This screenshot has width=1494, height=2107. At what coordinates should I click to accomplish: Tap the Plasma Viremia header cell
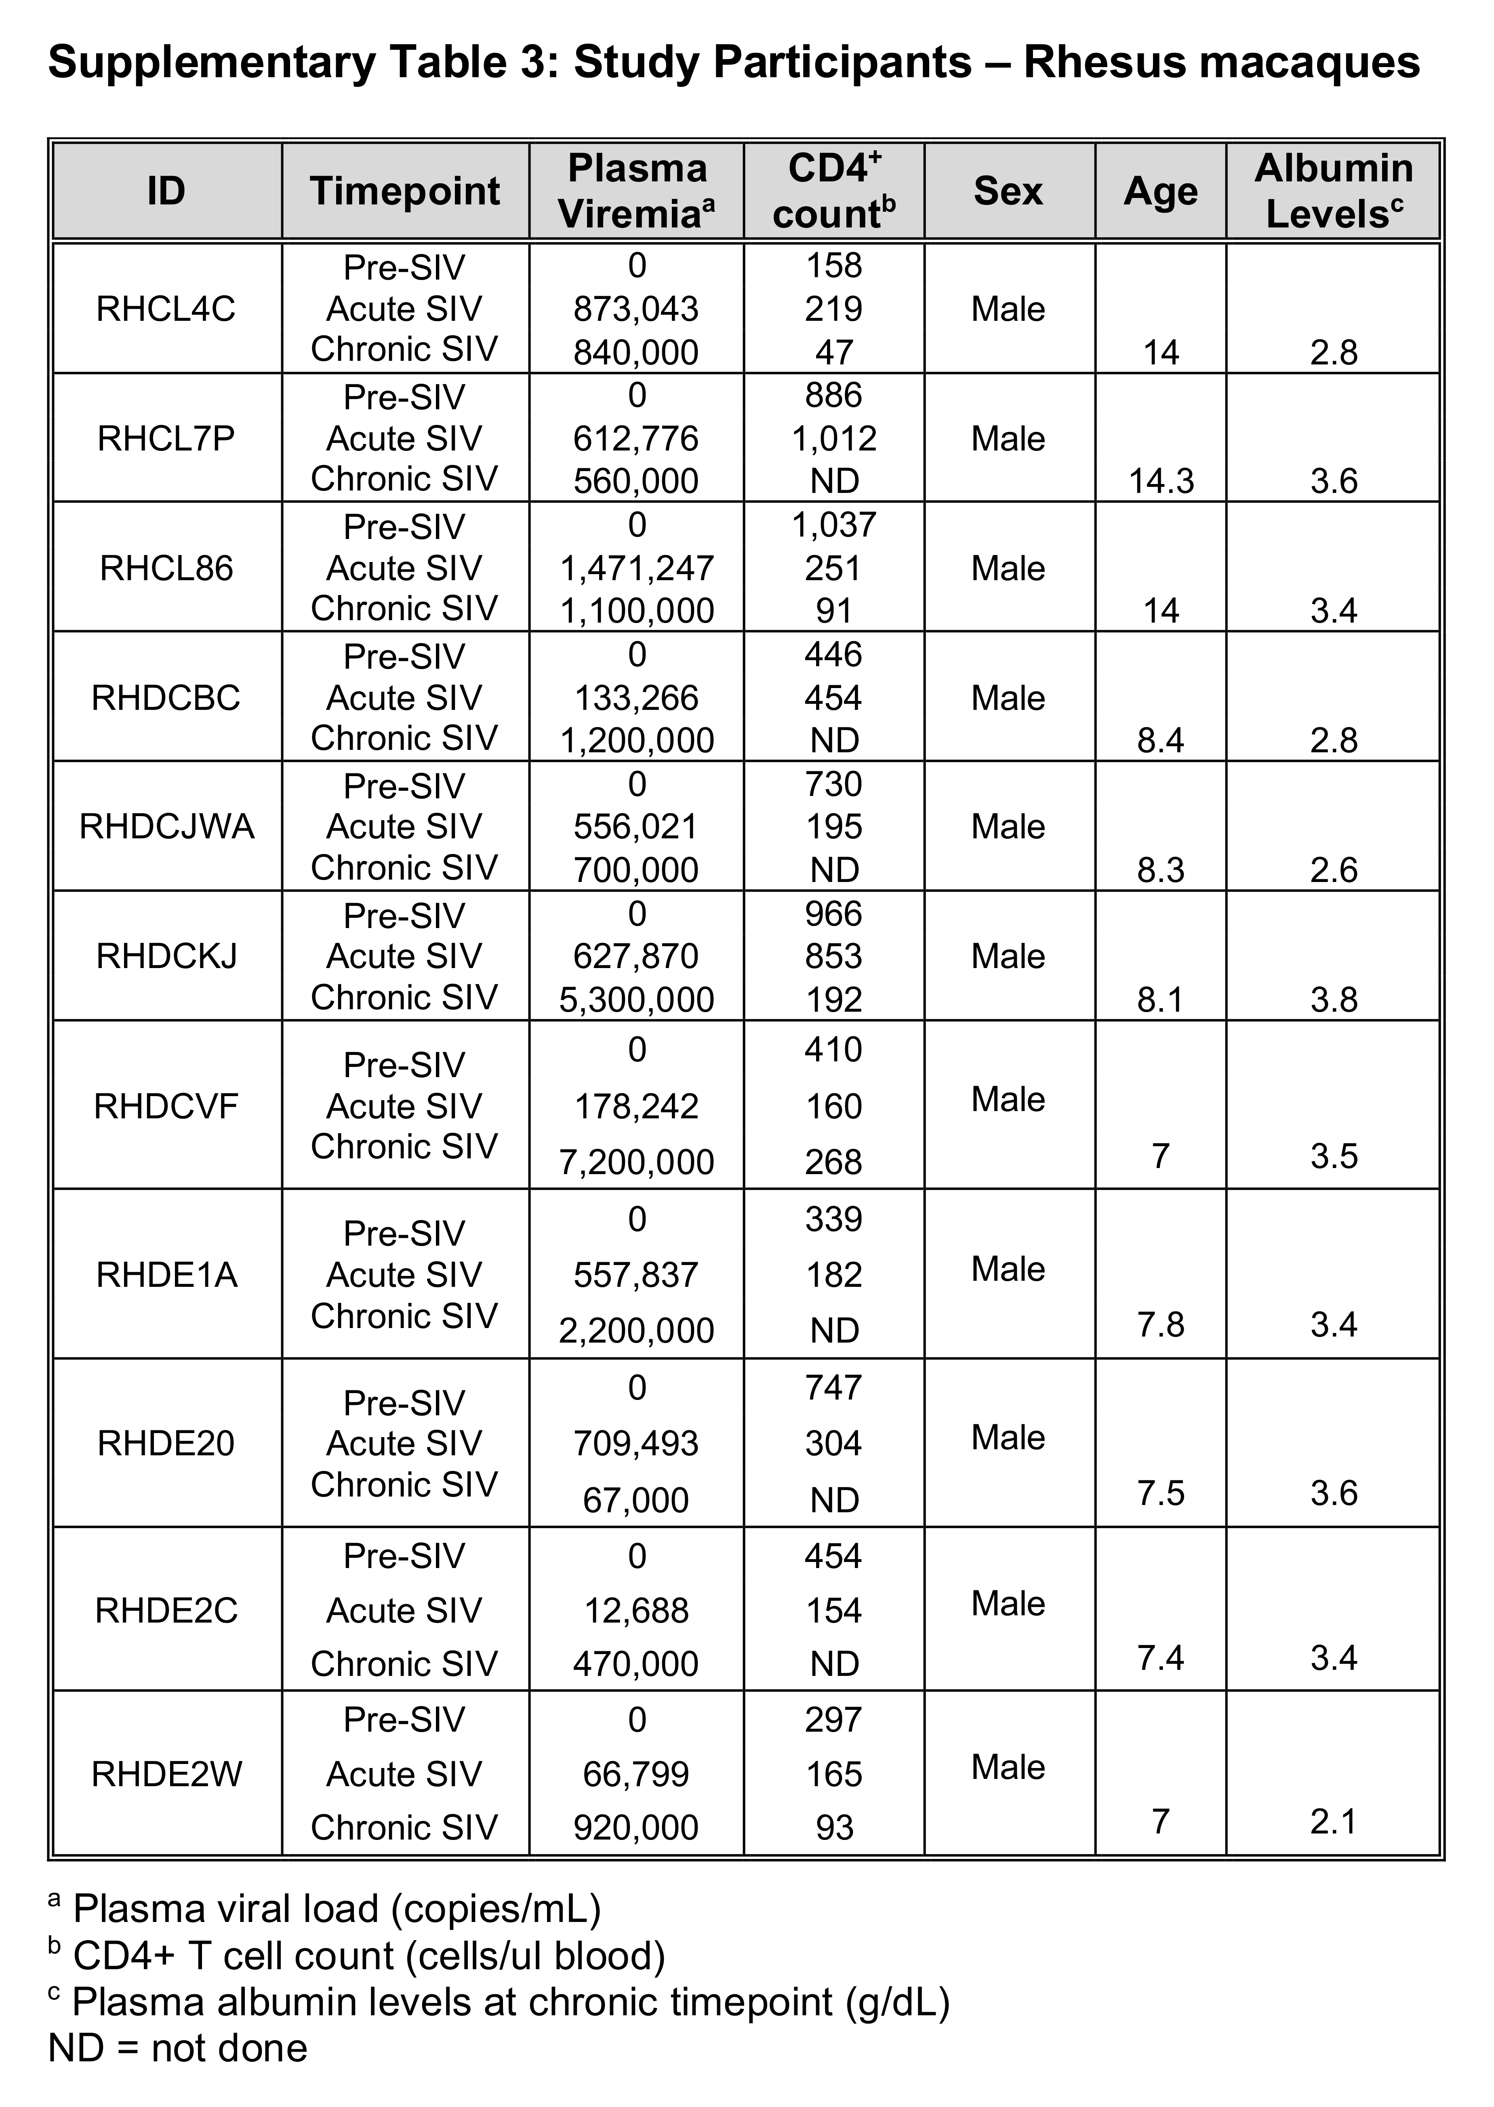tap(637, 192)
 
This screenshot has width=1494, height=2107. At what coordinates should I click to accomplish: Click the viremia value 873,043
tap(637, 309)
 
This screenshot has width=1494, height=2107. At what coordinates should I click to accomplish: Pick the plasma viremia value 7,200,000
tap(637, 1162)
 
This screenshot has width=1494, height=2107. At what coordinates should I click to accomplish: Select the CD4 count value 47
tap(833, 352)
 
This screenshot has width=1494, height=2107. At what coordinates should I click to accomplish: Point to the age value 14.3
tap(1161, 481)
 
